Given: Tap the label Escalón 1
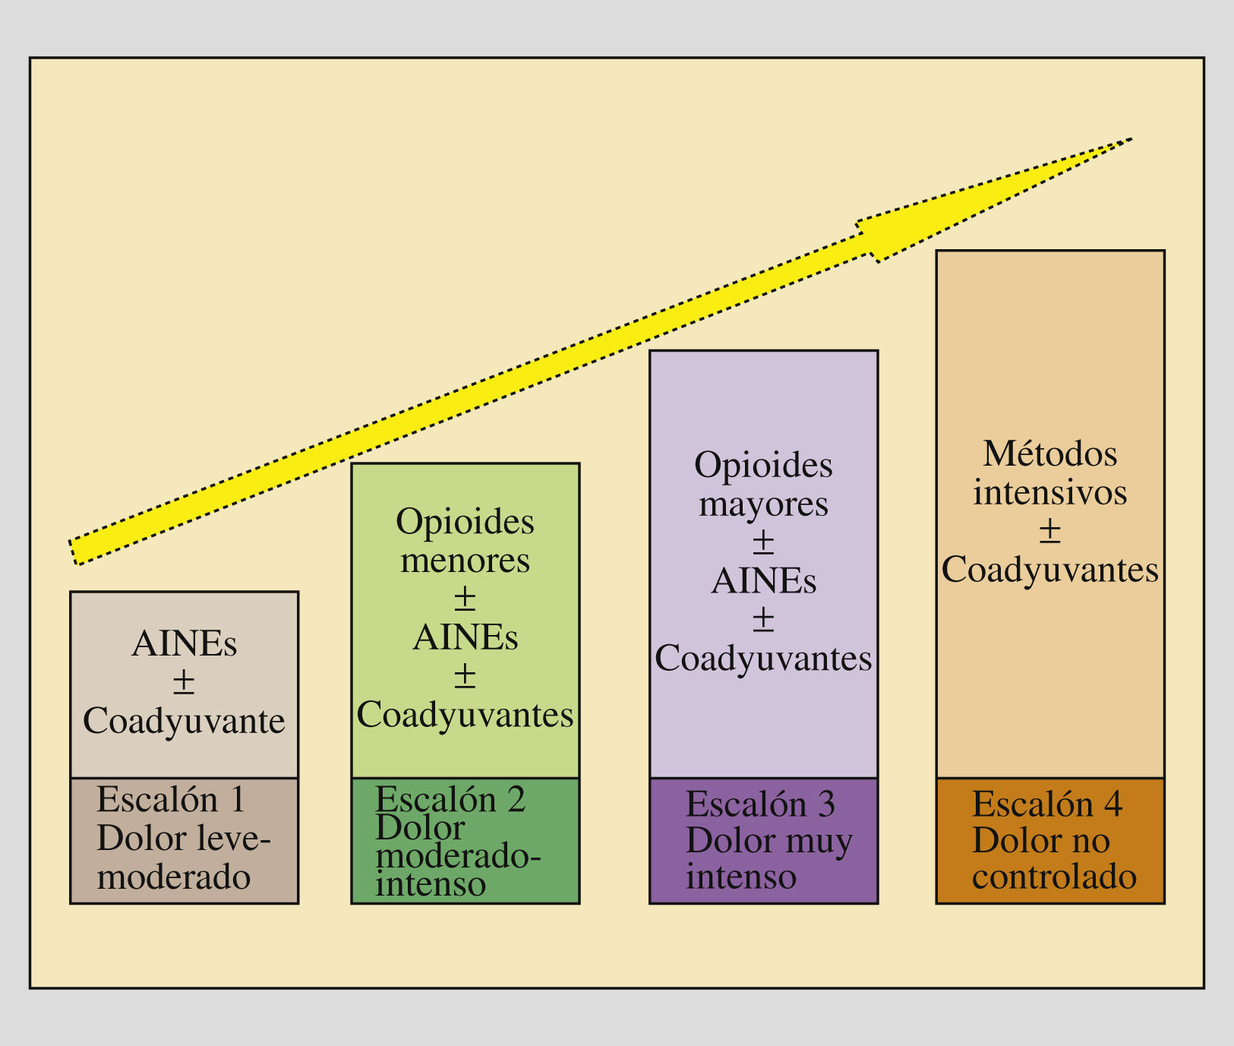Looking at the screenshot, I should [172, 800].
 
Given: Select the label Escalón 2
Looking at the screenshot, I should [450, 800].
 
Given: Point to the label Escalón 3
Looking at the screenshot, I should [760, 804].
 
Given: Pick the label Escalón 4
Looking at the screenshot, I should [1047, 804].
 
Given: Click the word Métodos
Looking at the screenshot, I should [1050, 454].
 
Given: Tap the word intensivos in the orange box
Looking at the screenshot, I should [1050, 492].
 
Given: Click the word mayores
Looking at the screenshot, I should [763, 504].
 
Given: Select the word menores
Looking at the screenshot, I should [466, 561].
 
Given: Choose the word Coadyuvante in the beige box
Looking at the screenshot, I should [184, 721].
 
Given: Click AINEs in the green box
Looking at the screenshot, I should [466, 637].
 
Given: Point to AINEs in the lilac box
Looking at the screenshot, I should [763, 582].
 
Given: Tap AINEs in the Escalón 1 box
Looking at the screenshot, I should [184, 644].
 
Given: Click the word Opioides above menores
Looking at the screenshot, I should [466, 522].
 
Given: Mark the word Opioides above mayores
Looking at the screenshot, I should [763, 465].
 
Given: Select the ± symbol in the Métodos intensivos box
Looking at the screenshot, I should [1049, 531].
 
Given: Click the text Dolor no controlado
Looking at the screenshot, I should [1054, 859].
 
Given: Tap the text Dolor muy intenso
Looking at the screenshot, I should [768, 859].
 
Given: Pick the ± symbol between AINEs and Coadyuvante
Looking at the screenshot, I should [184, 682].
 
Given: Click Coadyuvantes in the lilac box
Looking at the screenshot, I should [763, 659].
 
